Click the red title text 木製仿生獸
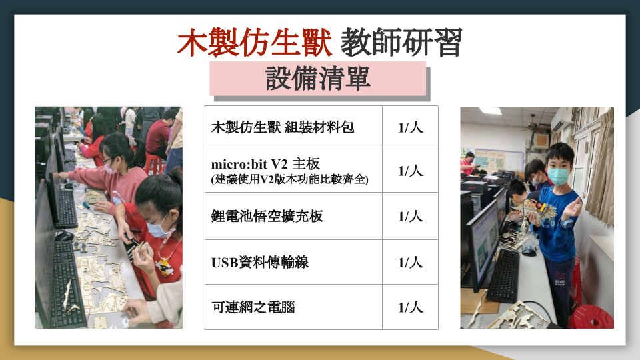(255, 43)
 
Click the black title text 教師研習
(401, 43)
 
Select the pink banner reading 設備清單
(317, 79)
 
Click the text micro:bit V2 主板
(265, 164)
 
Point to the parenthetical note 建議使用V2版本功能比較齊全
(290, 179)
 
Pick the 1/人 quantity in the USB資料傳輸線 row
(411, 262)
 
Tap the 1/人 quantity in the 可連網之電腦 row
(411, 307)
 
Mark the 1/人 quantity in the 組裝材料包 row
(411, 127)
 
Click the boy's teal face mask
(559, 176)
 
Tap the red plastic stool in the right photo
(591, 317)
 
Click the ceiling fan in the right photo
(534, 125)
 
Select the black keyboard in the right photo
(504, 275)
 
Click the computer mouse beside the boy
(529, 251)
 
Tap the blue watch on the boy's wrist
(566, 223)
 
